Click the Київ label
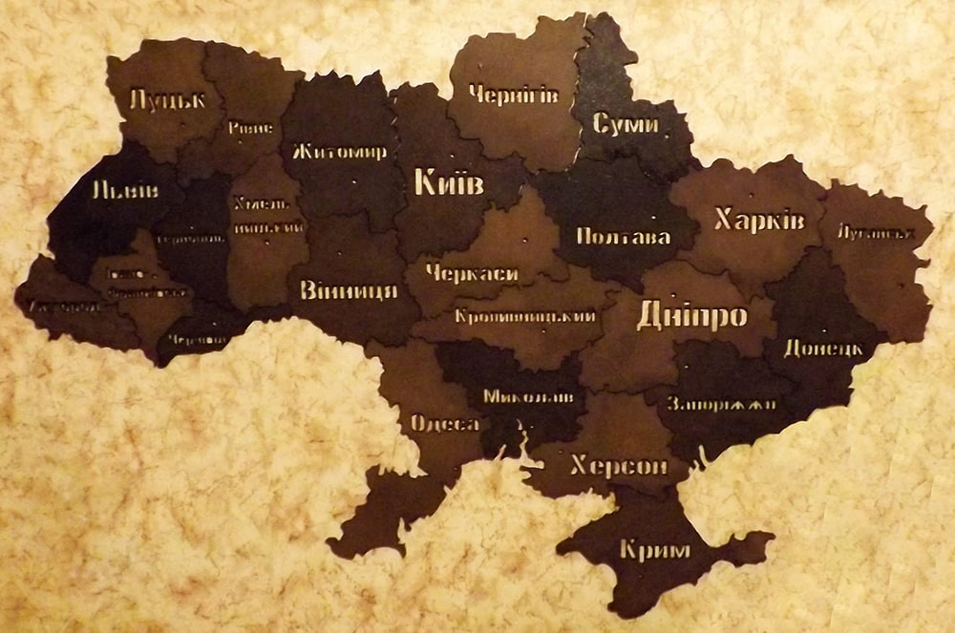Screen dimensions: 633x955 tap(449, 182)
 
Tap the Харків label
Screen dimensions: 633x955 tap(759, 221)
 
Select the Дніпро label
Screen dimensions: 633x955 tap(692, 315)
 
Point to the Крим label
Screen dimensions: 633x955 tap(654, 550)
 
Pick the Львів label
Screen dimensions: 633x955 tap(125, 190)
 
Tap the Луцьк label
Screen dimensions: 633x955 tap(167, 98)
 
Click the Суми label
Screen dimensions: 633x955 tap(626, 124)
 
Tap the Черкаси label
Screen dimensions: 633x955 tap(472, 274)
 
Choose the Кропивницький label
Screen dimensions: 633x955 tap(526, 316)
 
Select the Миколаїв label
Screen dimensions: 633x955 tap(528, 395)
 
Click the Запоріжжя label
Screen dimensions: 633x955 tap(722, 403)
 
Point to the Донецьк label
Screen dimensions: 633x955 tap(823, 348)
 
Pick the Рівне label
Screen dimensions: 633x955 tap(250, 128)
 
